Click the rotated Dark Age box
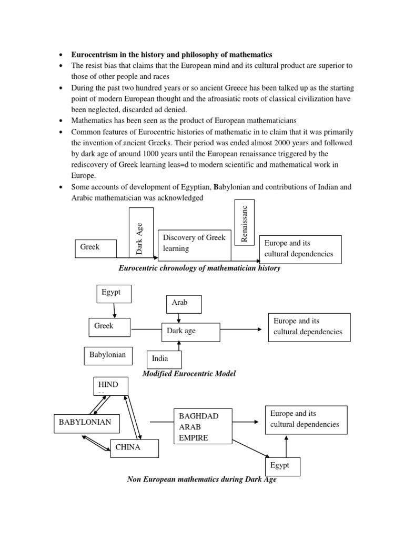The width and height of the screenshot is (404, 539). click(141, 232)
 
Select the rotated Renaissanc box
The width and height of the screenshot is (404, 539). click(244, 222)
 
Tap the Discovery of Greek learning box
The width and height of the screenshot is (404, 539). click(194, 243)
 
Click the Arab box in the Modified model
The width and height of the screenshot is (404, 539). click(184, 303)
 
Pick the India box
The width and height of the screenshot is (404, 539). click(164, 359)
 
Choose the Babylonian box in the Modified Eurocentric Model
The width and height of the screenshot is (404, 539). click(108, 355)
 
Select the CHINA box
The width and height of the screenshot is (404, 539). click(134, 448)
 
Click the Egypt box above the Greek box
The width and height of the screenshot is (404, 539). click(113, 293)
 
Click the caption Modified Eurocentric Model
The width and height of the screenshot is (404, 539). click(189, 374)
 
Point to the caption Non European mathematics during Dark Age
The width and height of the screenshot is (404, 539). click(201, 480)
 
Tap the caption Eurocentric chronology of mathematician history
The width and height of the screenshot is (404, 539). click(199, 268)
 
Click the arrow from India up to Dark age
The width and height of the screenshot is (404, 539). click(179, 345)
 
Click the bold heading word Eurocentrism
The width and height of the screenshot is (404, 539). click(96, 55)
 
